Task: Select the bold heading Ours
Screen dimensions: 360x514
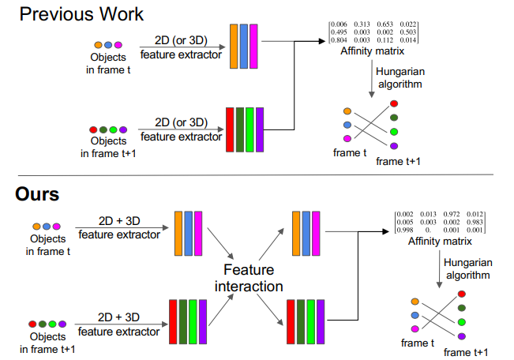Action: tap(36, 193)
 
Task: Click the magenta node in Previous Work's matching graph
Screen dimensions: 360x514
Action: tap(347, 139)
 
